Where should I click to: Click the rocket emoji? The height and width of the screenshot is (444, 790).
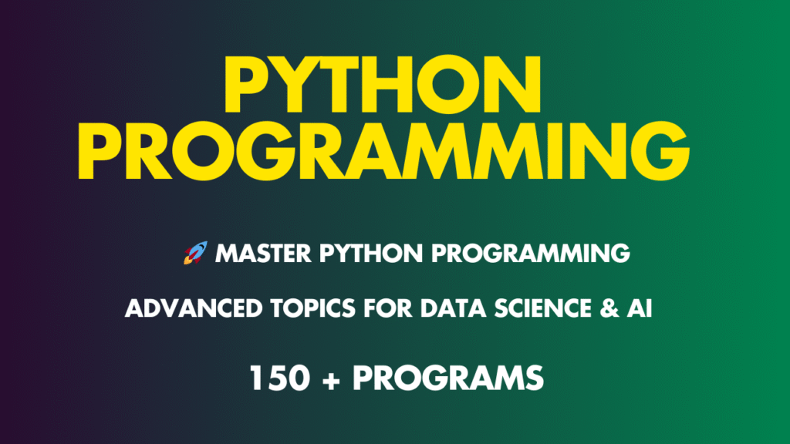click(x=195, y=252)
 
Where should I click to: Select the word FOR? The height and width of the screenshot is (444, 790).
click(x=360, y=310)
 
